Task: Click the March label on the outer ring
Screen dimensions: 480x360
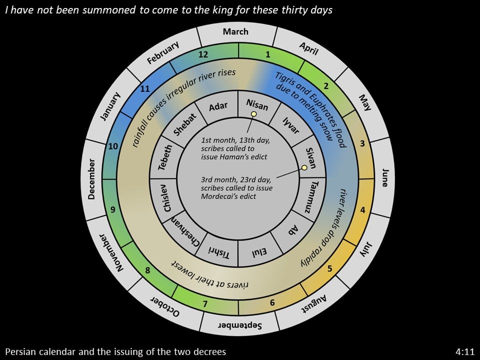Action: tap(235, 31)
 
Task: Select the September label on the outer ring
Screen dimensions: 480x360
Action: tap(240, 325)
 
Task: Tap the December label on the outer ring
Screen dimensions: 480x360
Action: tap(91, 179)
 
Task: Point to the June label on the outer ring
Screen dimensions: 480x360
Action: tap(385, 177)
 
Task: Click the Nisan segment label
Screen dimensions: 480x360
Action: tap(257, 104)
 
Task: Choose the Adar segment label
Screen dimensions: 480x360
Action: tap(218, 106)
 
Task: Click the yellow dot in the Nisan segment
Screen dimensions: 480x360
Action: tap(254, 114)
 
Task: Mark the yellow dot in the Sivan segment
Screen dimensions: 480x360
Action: tap(304, 167)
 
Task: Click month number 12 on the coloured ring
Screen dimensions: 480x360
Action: tap(203, 54)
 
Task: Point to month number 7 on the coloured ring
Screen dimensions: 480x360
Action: tap(205, 304)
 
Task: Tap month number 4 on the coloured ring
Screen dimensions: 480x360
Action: tap(363, 210)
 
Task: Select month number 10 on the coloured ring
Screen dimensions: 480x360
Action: tap(113, 146)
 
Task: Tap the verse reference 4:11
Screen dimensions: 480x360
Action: tap(465, 351)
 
